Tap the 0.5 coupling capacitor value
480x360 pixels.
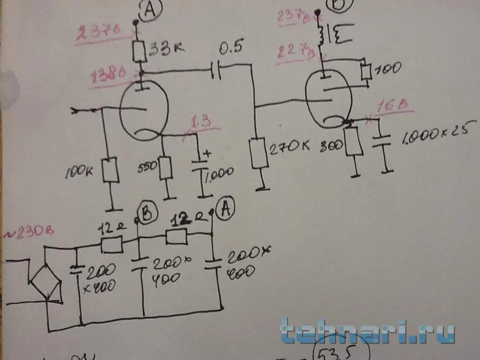coord(231,48)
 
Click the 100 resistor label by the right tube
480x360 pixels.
coord(387,68)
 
